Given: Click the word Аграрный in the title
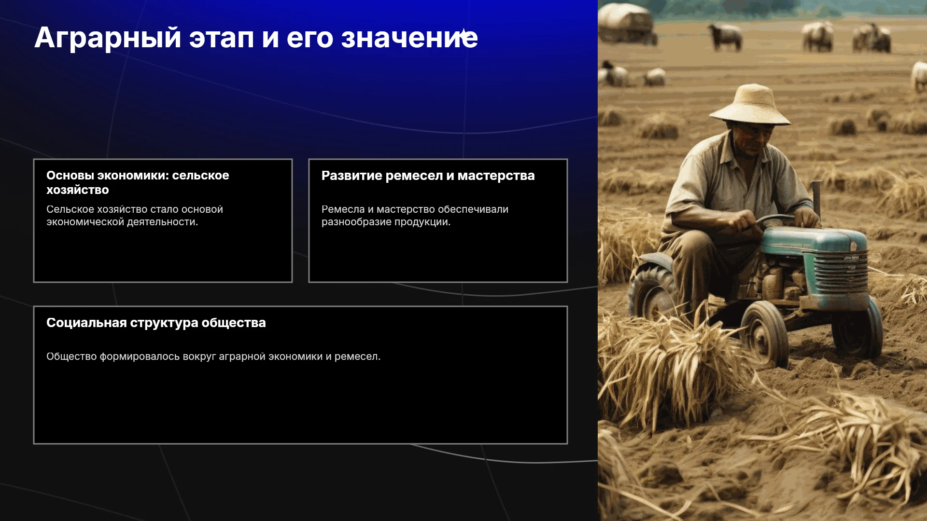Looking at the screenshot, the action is coord(108,38).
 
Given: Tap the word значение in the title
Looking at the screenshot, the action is coord(409,38).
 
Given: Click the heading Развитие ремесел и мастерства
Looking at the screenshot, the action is coord(428,176).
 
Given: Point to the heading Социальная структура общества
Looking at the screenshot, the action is coord(156,323).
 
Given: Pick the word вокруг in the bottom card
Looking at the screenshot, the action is coord(199,357).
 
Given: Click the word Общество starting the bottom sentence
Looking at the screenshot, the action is coord(71,356).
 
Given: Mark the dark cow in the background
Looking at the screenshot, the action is coord(725,36).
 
